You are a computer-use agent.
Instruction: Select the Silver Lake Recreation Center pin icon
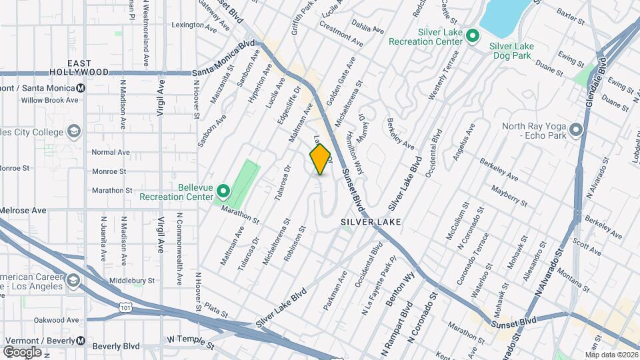[473, 36]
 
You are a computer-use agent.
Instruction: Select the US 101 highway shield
[126, 307]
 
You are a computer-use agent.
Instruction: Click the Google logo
[22, 351]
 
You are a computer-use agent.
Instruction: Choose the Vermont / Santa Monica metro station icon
[81, 87]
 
